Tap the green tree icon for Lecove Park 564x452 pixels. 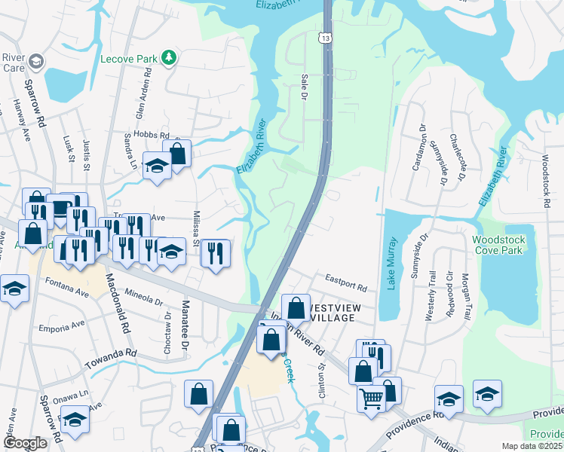point(171,56)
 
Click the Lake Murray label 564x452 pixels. point(392,263)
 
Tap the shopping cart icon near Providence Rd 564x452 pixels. point(371,399)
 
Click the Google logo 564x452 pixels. point(26,443)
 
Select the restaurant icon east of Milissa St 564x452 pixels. point(216,253)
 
